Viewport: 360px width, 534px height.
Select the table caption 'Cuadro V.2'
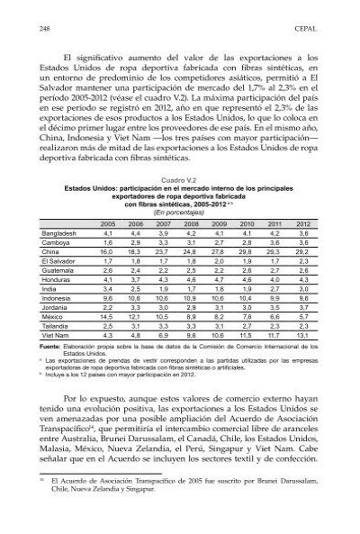point(179,180)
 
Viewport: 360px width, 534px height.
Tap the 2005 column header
point(108,223)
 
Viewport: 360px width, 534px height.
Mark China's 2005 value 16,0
point(108,253)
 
